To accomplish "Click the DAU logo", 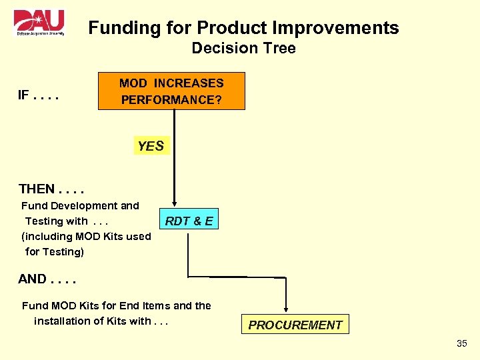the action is point(39,23).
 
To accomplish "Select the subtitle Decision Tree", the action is point(243,49).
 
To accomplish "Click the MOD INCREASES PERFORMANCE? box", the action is point(171,91).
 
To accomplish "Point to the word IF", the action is point(25,95).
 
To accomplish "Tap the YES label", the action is point(151,146).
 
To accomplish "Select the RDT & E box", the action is point(189,221).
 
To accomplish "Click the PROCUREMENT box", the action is point(295,325).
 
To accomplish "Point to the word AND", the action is point(33,279).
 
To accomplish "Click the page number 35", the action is point(462,343).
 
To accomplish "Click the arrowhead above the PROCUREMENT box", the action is point(285,309).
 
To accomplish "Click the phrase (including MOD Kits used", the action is point(86,237).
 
